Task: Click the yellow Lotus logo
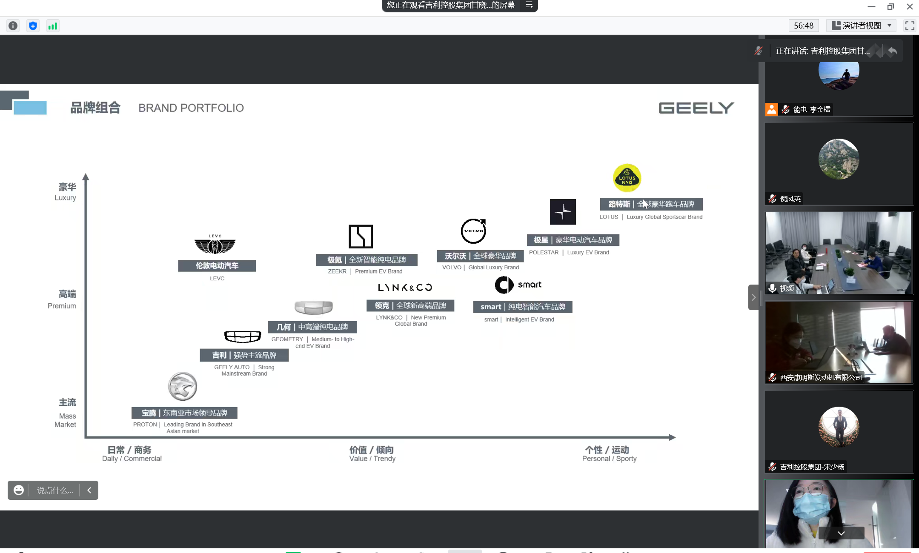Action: click(x=627, y=178)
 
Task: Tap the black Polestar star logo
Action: click(x=563, y=211)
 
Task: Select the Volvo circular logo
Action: click(x=473, y=231)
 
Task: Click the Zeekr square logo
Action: click(x=361, y=236)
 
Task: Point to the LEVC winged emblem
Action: click(x=215, y=245)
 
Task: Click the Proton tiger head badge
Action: click(x=183, y=386)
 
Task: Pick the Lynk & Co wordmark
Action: click(x=405, y=288)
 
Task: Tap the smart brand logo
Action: click(x=518, y=285)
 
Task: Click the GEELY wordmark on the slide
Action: click(x=696, y=108)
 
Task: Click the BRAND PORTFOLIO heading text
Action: click(x=191, y=108)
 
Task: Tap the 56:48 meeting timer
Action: click(x=803, y=26)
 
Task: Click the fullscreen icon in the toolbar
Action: click(x=909, y=26)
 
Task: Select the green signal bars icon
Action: click(x=53, y=26)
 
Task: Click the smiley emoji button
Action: click(x=19, y=490)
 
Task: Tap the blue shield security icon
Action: click(x=33, y=26)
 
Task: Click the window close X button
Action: click(x=910, y=6)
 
